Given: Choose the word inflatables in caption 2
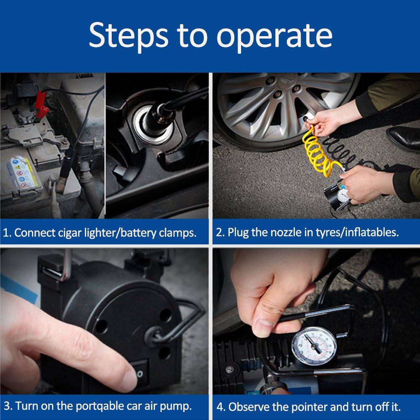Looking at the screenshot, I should pyautogui.click(x=372, y=233).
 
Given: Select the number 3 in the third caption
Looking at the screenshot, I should pyautogui.click(x=7, y=406).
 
